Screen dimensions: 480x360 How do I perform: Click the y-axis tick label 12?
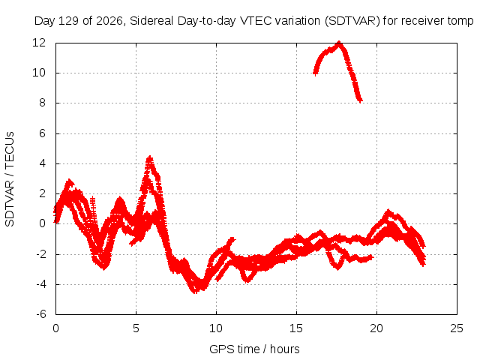[x=39, y=43]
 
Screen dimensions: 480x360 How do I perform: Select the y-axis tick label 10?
[x=39, y=73]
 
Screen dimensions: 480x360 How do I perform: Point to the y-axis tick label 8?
[x=42, y=103]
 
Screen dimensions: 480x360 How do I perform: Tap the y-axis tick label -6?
[x=41, y=314]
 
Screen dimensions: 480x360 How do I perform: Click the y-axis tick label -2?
[x=41, y=254]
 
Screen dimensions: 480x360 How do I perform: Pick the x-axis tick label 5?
[x=136, y=328]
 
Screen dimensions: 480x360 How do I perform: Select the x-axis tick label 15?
[x=296, y=328]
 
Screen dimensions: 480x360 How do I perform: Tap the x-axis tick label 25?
[x=457, y=328]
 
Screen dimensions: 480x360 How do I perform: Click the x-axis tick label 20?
[x=376, y=328]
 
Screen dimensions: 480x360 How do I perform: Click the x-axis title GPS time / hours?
[x=254, y=349]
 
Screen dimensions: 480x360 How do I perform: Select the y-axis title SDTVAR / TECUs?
[x=10, y=179]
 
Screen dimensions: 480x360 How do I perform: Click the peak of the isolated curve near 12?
[x=339, y=43]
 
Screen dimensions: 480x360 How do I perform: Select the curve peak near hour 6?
[x=150, y=157]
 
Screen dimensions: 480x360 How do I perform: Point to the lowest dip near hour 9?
[x=195, y=292]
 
